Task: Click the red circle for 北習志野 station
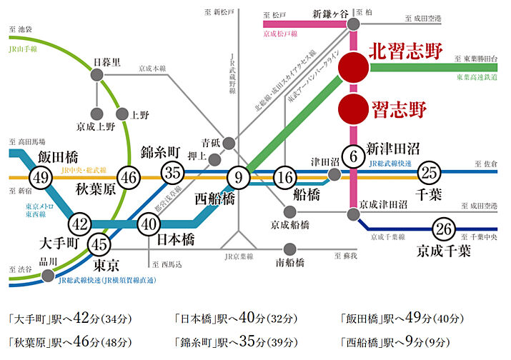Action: (x=352, y=67)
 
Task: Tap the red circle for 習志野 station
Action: (x=352, y=109)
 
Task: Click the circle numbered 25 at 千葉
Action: (x=429, y=172)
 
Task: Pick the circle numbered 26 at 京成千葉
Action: (x=445, y=229)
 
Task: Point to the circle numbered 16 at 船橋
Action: (x=285, y=177)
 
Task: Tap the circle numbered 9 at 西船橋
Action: (x=239, y=176)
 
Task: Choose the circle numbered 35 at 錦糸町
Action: (x=172, y=172)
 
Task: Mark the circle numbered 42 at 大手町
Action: (x=80, y=224)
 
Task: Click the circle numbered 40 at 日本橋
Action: (x=148, y=224)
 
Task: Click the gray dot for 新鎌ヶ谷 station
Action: (x=353, y=24)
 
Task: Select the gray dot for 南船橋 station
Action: (x=289, y=249)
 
